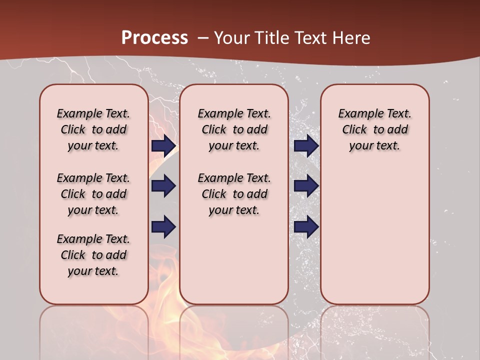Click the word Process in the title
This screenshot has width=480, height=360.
coord(154,38)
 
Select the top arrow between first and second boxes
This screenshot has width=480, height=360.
coord(163,146)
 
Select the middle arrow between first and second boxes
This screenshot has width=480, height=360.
coord(163,186)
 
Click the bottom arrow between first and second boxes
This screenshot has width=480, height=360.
coord(163,227)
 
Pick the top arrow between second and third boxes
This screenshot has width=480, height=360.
coord(306,146)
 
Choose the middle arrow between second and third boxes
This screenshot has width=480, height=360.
coord(306,186)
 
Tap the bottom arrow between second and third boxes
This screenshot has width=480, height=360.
coord(306,227)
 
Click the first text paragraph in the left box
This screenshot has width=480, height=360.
coord(93,129)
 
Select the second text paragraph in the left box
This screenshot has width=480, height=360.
coord(93,194)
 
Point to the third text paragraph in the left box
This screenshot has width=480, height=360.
coord(93,255)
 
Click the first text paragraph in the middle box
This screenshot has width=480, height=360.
coord(234,129)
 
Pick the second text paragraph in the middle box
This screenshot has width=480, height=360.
coord(234,194)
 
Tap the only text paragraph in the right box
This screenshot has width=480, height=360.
coord(374,129)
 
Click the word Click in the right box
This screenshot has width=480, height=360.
coord(354,129)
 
